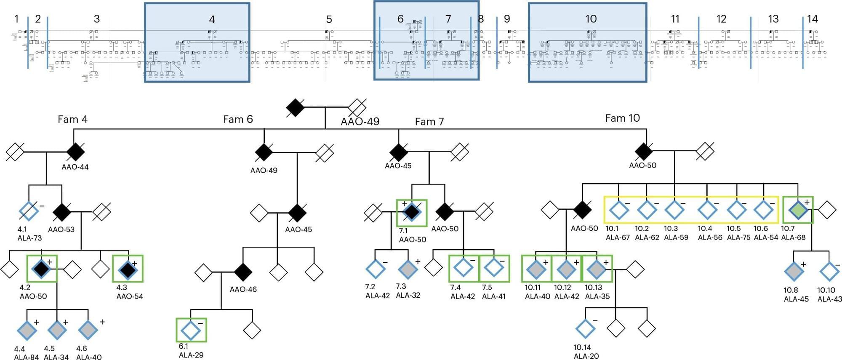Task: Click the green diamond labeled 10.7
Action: click(x=798, y=210)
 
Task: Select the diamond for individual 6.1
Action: click(x=191, y=330)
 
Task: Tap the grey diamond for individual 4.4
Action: click(x=27, y=330)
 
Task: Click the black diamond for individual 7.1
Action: click(x=411, y=212)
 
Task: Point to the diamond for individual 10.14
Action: click(x=585, y=329)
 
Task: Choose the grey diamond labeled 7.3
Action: click(x=408, y=269)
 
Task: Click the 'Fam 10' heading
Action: click(x=622, y=118)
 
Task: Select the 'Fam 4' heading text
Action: click(x=72, y=120)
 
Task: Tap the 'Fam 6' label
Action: click(x=238, y=120)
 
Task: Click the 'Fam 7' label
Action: click(x=429, y=122)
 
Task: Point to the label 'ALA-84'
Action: click(x=26, y=357)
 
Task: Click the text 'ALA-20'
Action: click(x=586, y=356)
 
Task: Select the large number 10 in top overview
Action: click(x=591, y=19)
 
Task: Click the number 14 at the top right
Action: click(x=812, y=19)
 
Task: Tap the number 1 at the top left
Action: click(x=16, y=19)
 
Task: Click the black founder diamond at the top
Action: click(x=295, y=108)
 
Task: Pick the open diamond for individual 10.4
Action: click(x=707, y=210)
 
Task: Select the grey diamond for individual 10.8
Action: click(x=794, y=271)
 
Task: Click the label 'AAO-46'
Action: click(x=243, y=290)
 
